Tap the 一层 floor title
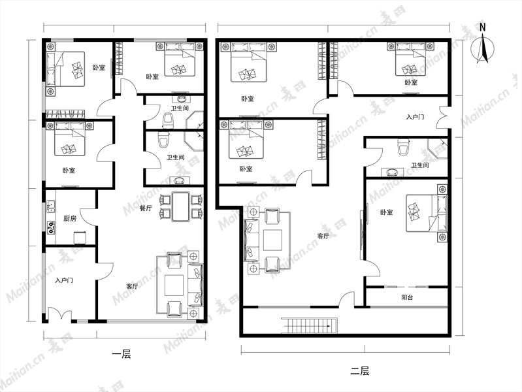coord(122,353)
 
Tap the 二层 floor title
coord(359,370)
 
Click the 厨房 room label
coord(70,218)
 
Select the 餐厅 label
coord(146,208)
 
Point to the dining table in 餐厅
coord(181,206)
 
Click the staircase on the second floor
coord(309,325)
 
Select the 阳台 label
coord(407,297)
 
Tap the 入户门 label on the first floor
coord(64,280)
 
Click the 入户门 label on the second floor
coord(415,117)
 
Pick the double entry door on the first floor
coord(60,315)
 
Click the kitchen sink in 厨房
coord(51,207)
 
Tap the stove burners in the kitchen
coord(51,227)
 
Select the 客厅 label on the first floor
coord(132,286)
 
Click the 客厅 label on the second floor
coord(323,236)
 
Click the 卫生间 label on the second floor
coord(419,165)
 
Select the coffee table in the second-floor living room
coord(272,240)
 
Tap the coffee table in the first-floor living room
coord(174,286)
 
